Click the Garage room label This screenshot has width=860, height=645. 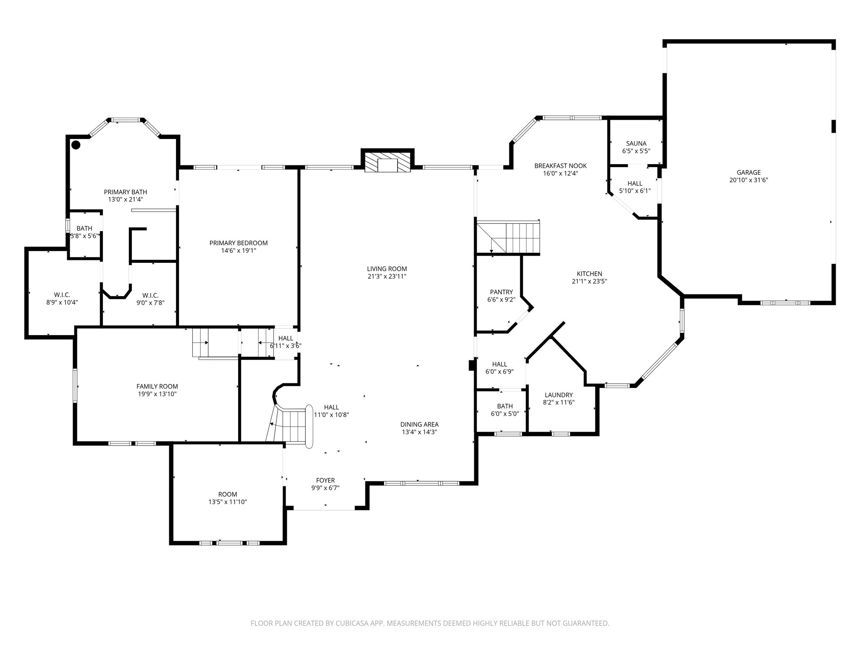pyautogui.click(x=748, y=172)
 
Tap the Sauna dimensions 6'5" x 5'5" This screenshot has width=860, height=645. pyautogui.click(x=636, y=151)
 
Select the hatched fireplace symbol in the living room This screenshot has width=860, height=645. pyautogui.click(x=387, y=162)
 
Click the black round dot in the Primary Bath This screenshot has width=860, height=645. pyautogui.click(x=76, y=145)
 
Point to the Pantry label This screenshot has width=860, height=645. pyautogui.click(x=501, y=292)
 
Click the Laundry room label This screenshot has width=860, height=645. pyautogui.click(x=558, y=395)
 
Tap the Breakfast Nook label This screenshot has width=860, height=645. pyautogui.click(x=560, y=165)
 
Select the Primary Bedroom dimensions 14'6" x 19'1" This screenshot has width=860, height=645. pyautogui.click(x=239, y=251)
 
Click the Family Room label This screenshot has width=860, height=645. pyautogui.click(x=157, y=386)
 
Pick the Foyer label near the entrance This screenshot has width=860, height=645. pyautogui.click(x=325, y=480)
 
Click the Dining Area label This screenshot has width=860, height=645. pyautogui.click(x=419, y=425)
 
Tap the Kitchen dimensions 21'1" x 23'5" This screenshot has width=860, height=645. pyautogui.click(x=589, y=281)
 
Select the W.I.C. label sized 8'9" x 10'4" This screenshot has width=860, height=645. pyautogui.click(x=62, y=295)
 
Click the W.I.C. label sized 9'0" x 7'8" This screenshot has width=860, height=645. pyautogui.click(x=150, y=295)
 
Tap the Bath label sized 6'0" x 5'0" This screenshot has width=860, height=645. pyautogui.click(x=504, y=406)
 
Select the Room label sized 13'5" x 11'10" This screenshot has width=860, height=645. pyautogui.click(x=227, y=494)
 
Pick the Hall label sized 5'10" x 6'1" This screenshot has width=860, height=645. pyautogui.click(x=635, y=183)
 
